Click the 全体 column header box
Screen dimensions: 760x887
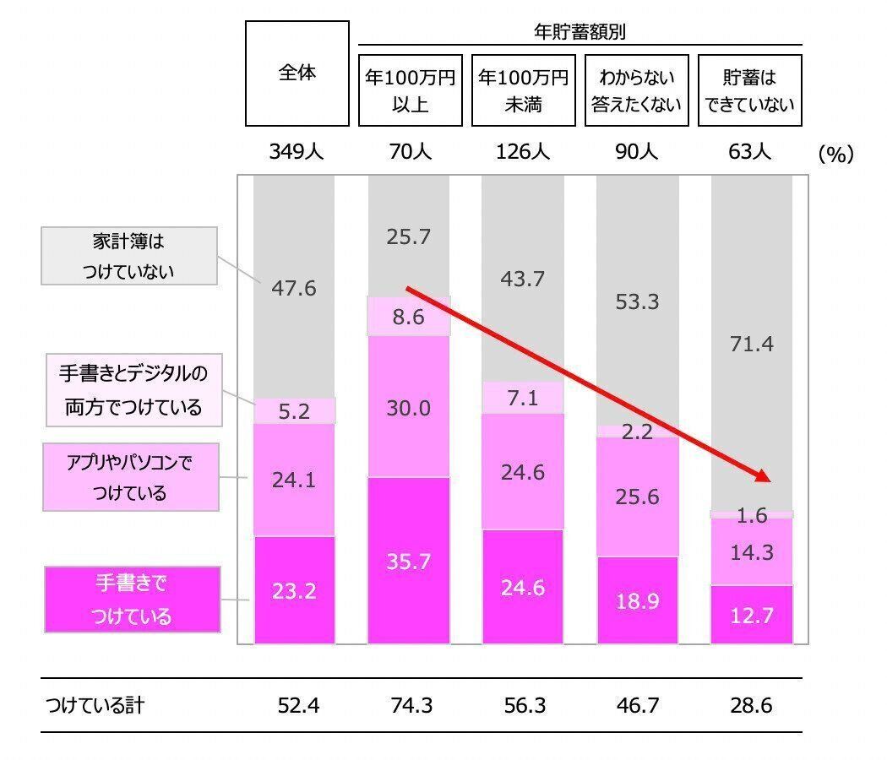tap(297, 73)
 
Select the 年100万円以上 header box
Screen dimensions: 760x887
tap(410, 90)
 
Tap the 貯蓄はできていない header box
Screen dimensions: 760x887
tap(749, 90)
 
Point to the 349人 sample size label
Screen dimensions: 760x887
tap(297, 153)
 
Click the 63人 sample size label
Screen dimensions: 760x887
tap(749, 153)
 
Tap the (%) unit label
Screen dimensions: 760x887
tap(835, 154)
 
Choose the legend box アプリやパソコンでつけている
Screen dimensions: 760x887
tap(131, 477)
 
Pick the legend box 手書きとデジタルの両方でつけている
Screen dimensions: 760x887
tap(133, 390)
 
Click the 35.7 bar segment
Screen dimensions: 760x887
tap(409, 561)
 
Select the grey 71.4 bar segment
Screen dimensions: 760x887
tap(751, 344)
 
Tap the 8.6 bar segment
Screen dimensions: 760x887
tap(409, 317)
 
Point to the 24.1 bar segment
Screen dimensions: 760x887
tap(294, 480)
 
